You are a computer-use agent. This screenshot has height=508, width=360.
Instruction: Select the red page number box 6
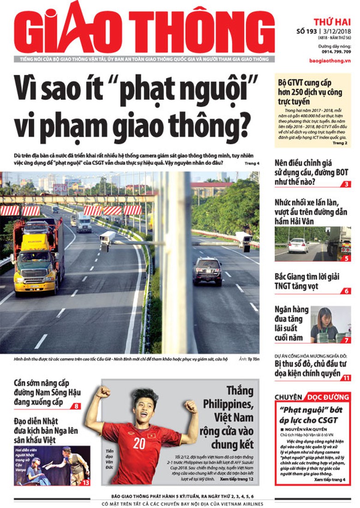pyautogui.click(x=346, y=291)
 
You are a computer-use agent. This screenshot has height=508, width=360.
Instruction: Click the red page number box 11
pyautogui.click(x=346, y=378)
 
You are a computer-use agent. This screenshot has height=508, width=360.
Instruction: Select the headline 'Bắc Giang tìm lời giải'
pyautogui.click(x=306, y=277)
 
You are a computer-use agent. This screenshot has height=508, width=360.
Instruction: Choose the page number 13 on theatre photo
pyautogui.click(x=86, y=483)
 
